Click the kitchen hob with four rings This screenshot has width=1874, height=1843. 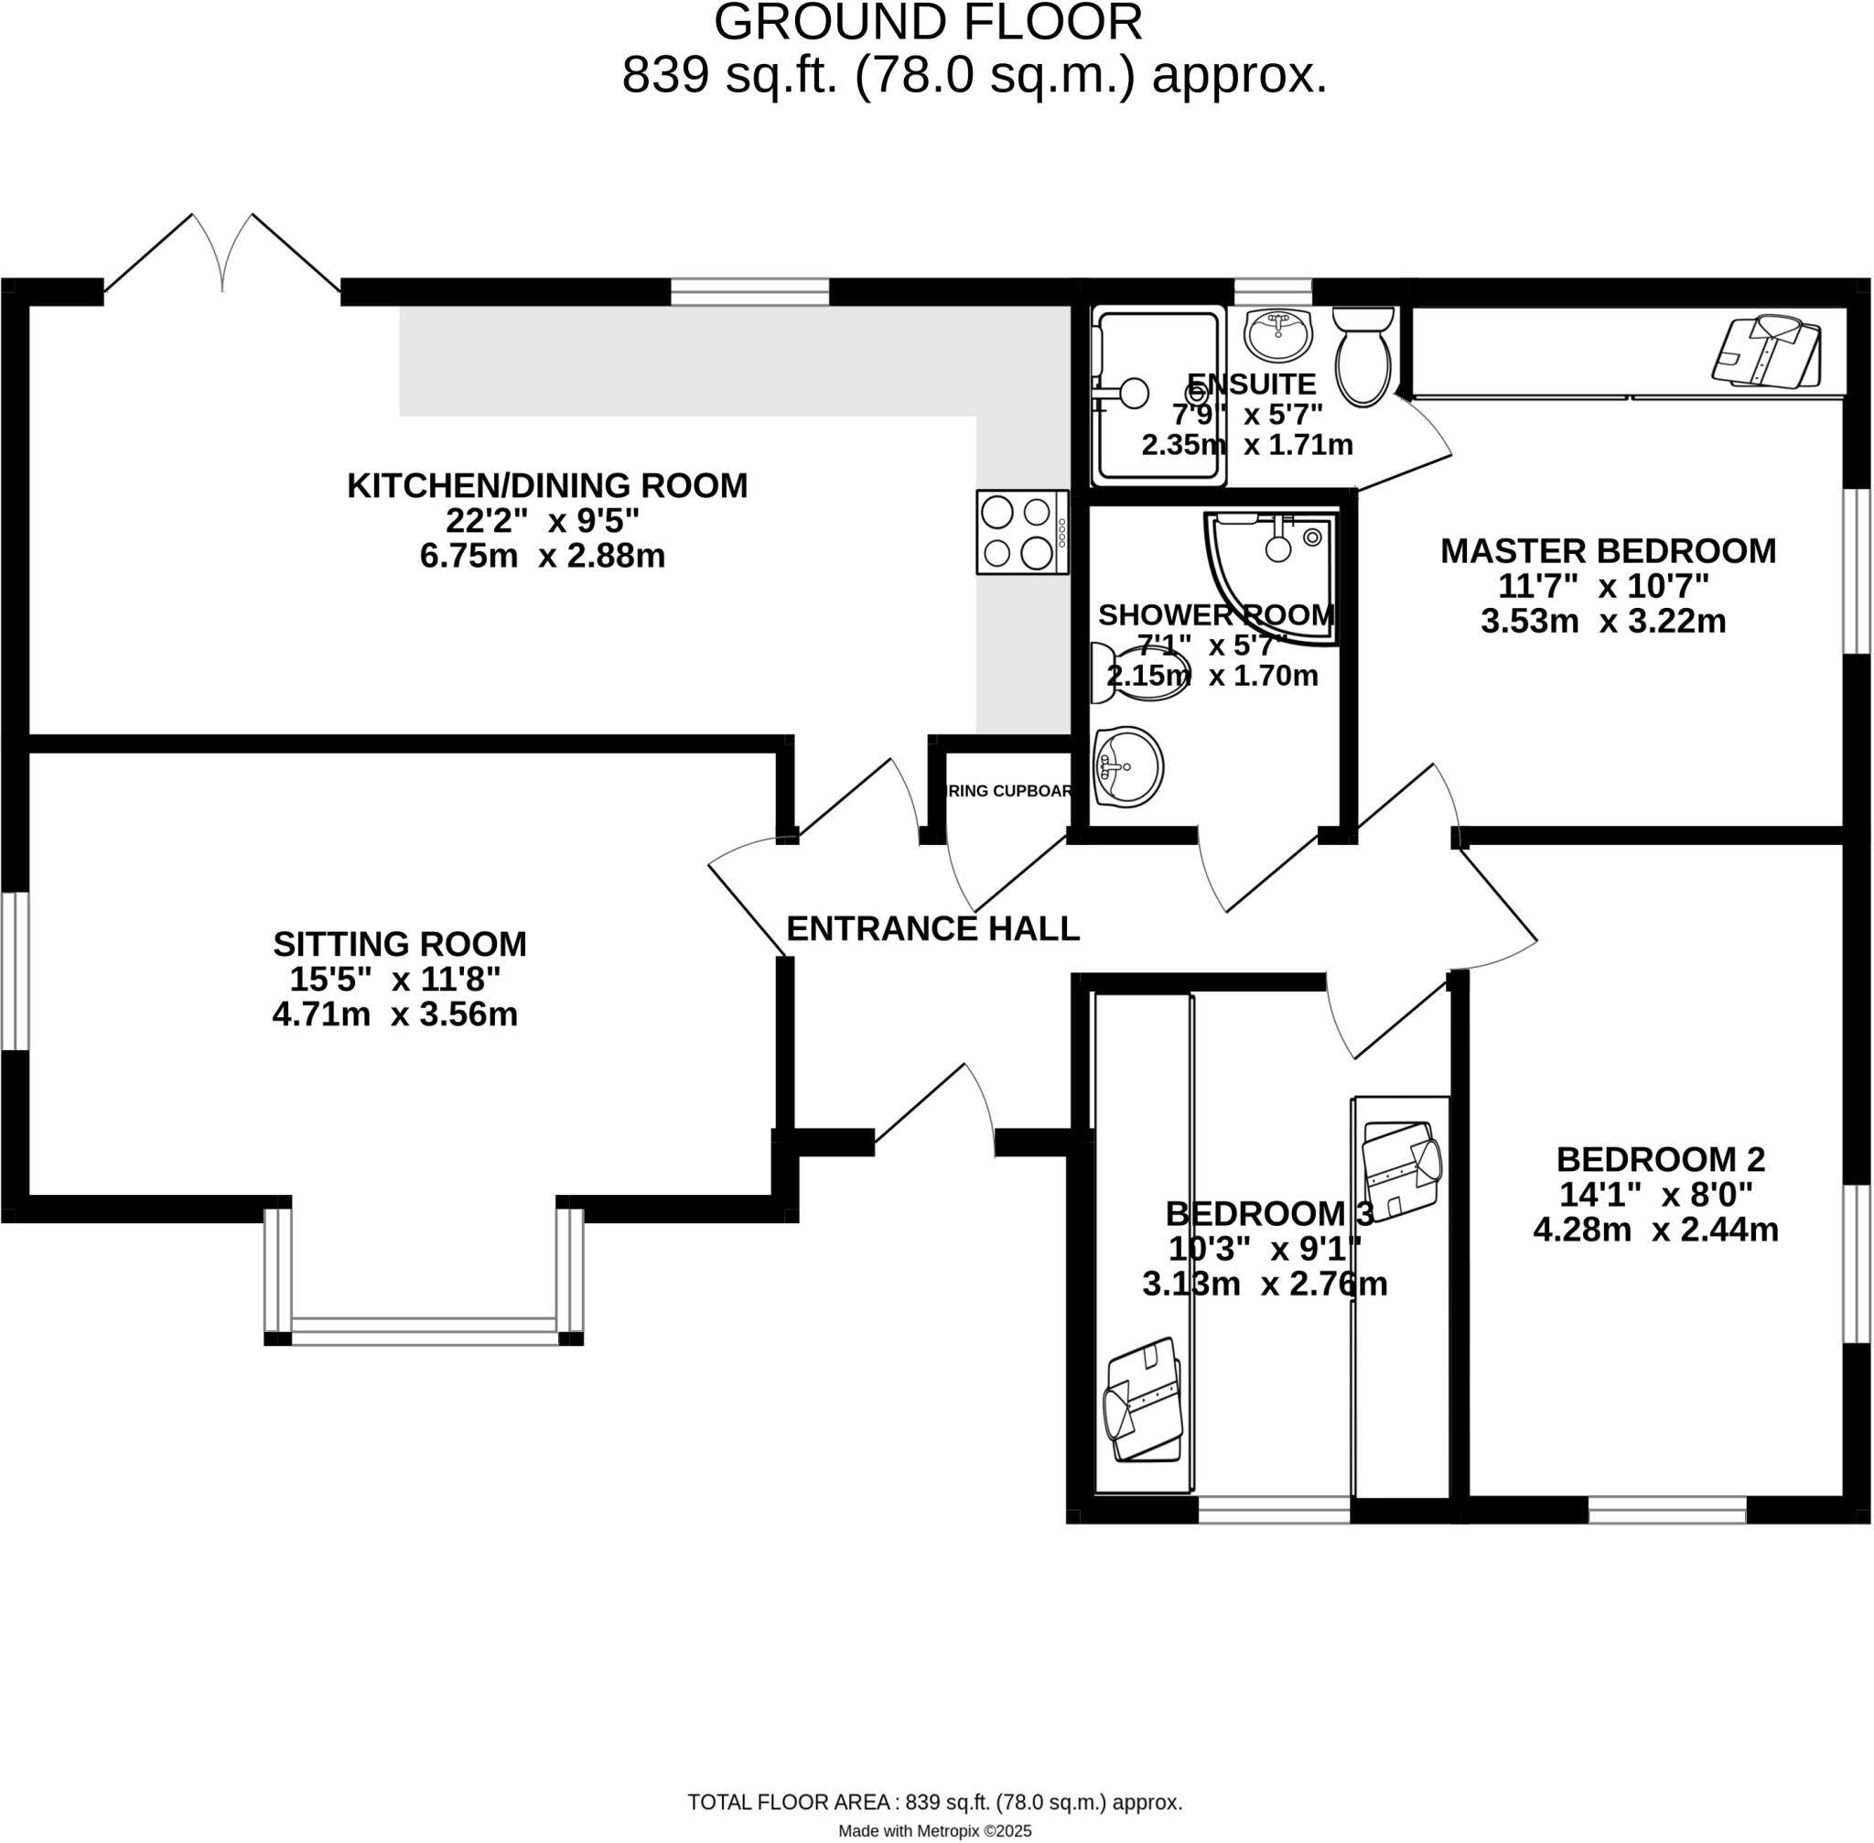1022,532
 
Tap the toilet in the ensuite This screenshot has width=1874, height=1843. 1362,357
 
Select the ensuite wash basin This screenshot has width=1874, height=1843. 1277,335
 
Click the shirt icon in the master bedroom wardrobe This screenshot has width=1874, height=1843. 1767,352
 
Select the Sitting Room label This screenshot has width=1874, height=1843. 400,944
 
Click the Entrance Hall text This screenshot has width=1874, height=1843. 932,929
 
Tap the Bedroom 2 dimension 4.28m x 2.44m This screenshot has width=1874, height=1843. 1655,1230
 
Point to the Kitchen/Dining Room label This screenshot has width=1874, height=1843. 546,486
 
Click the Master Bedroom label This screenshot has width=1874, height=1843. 1607,552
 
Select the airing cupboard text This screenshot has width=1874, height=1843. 1009,791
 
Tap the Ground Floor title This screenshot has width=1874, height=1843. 927,23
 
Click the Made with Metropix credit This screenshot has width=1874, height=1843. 934,1830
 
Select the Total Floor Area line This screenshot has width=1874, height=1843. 934,1803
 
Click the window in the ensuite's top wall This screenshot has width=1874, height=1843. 1272,291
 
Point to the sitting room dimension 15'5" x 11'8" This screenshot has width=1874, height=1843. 394,980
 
